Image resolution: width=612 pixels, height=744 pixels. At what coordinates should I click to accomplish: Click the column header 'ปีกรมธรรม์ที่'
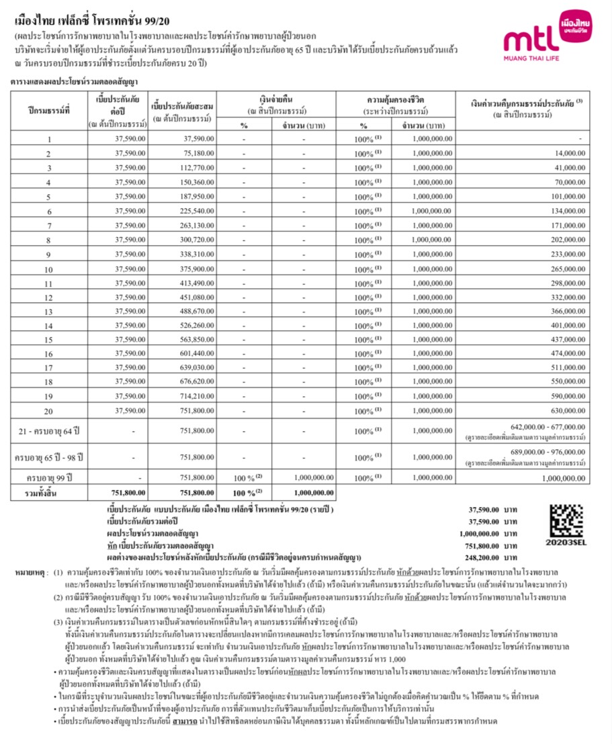click(x=48, y=109)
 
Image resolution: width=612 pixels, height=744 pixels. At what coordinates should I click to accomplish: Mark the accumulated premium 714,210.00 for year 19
click(x=197, y=396)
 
